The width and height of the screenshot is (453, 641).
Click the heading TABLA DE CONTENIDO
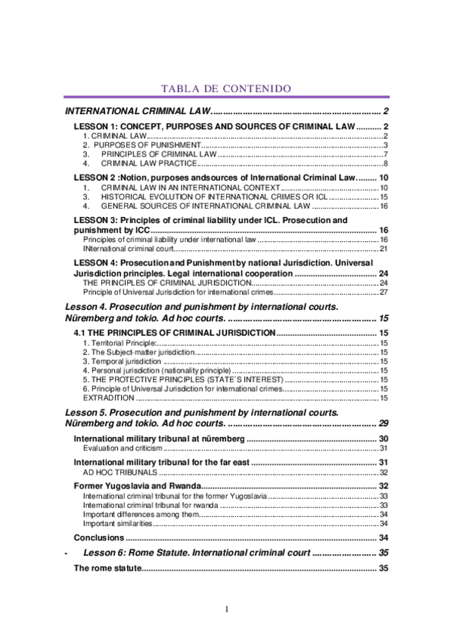226,89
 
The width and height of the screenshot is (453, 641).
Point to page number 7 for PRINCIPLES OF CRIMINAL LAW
386,154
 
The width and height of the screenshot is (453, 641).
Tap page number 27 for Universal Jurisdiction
383,292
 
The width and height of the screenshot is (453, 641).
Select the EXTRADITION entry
107,398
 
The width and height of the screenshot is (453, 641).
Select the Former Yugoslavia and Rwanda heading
136,485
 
